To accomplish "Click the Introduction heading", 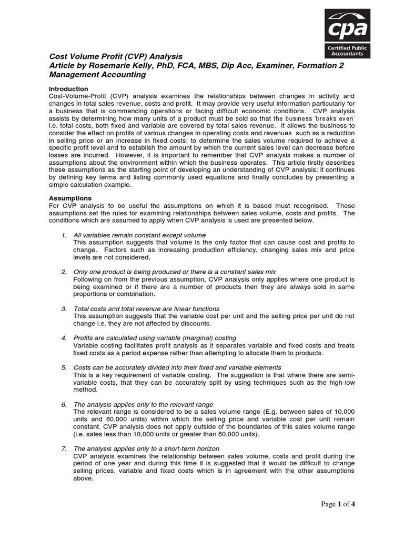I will (68, 89).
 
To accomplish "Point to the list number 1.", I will (64, 234).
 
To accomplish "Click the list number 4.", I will (64, 337).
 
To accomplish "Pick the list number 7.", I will (64, 448).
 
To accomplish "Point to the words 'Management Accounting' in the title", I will (97, 75).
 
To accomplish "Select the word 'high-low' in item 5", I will (339, 382).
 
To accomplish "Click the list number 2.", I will (64, 271).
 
